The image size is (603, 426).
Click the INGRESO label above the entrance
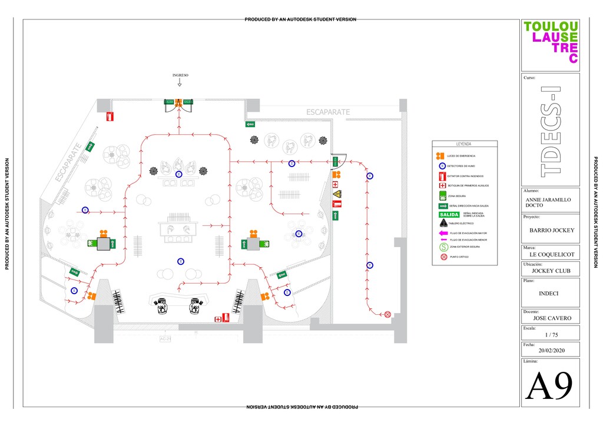(180, 75)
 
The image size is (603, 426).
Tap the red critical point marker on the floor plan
(387, 314)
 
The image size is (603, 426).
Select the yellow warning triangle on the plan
(336, 194)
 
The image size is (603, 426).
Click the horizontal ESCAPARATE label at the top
(328, 112)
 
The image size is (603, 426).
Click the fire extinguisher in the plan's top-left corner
(110, 117)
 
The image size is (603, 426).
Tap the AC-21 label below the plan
(165, 340)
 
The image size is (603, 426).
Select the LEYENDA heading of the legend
(464, 144)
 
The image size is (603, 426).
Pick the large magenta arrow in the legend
(443, 233)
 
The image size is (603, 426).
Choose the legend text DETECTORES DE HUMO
(462, 166)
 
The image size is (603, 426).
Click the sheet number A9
(549, 387)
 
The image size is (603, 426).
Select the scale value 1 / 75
(551, 335)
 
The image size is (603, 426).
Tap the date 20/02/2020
(551, 350)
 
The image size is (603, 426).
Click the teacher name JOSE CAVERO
(551, 318)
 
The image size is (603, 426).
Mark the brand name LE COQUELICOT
(551, 255)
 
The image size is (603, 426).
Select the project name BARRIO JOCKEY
(551, 231)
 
